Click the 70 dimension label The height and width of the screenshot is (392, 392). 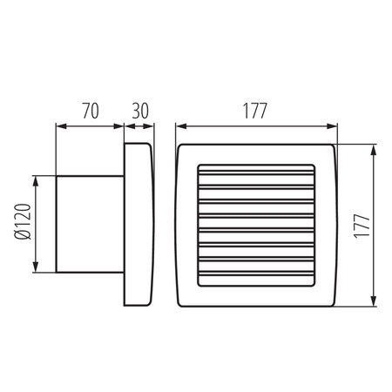coord(89,111)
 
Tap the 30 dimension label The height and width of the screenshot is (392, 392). coord(139,111)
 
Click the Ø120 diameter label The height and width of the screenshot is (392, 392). coord(24,224)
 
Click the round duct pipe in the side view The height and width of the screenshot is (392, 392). coord(89,224)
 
